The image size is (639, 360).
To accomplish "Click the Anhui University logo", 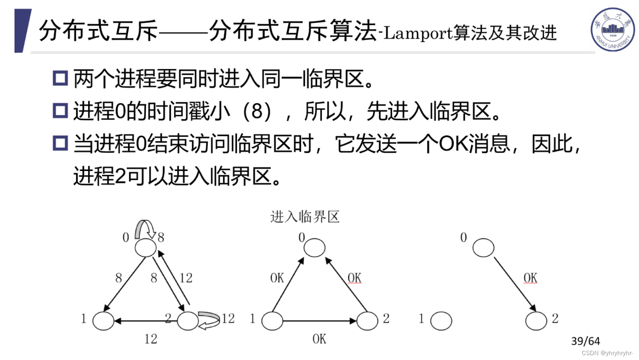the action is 612,29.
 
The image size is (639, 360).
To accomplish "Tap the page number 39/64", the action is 585,341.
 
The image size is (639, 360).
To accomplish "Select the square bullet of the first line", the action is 60,78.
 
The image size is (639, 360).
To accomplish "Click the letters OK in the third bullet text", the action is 454,144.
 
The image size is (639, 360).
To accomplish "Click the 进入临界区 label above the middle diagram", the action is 305,217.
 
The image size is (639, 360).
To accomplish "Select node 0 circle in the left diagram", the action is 145,248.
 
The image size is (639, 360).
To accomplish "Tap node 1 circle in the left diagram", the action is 103,321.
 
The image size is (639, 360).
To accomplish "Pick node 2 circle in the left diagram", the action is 188,321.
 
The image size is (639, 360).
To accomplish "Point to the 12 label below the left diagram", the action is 151,339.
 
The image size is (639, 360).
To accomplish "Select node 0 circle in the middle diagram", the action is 314,248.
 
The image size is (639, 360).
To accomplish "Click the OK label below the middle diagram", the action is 319,339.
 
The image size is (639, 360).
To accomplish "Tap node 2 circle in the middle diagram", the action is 367,321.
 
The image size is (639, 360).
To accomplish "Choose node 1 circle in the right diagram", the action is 441,321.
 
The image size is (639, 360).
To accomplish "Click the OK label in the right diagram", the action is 530,278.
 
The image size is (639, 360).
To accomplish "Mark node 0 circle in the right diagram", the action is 483,248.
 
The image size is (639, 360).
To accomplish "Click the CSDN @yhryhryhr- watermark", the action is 607,353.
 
